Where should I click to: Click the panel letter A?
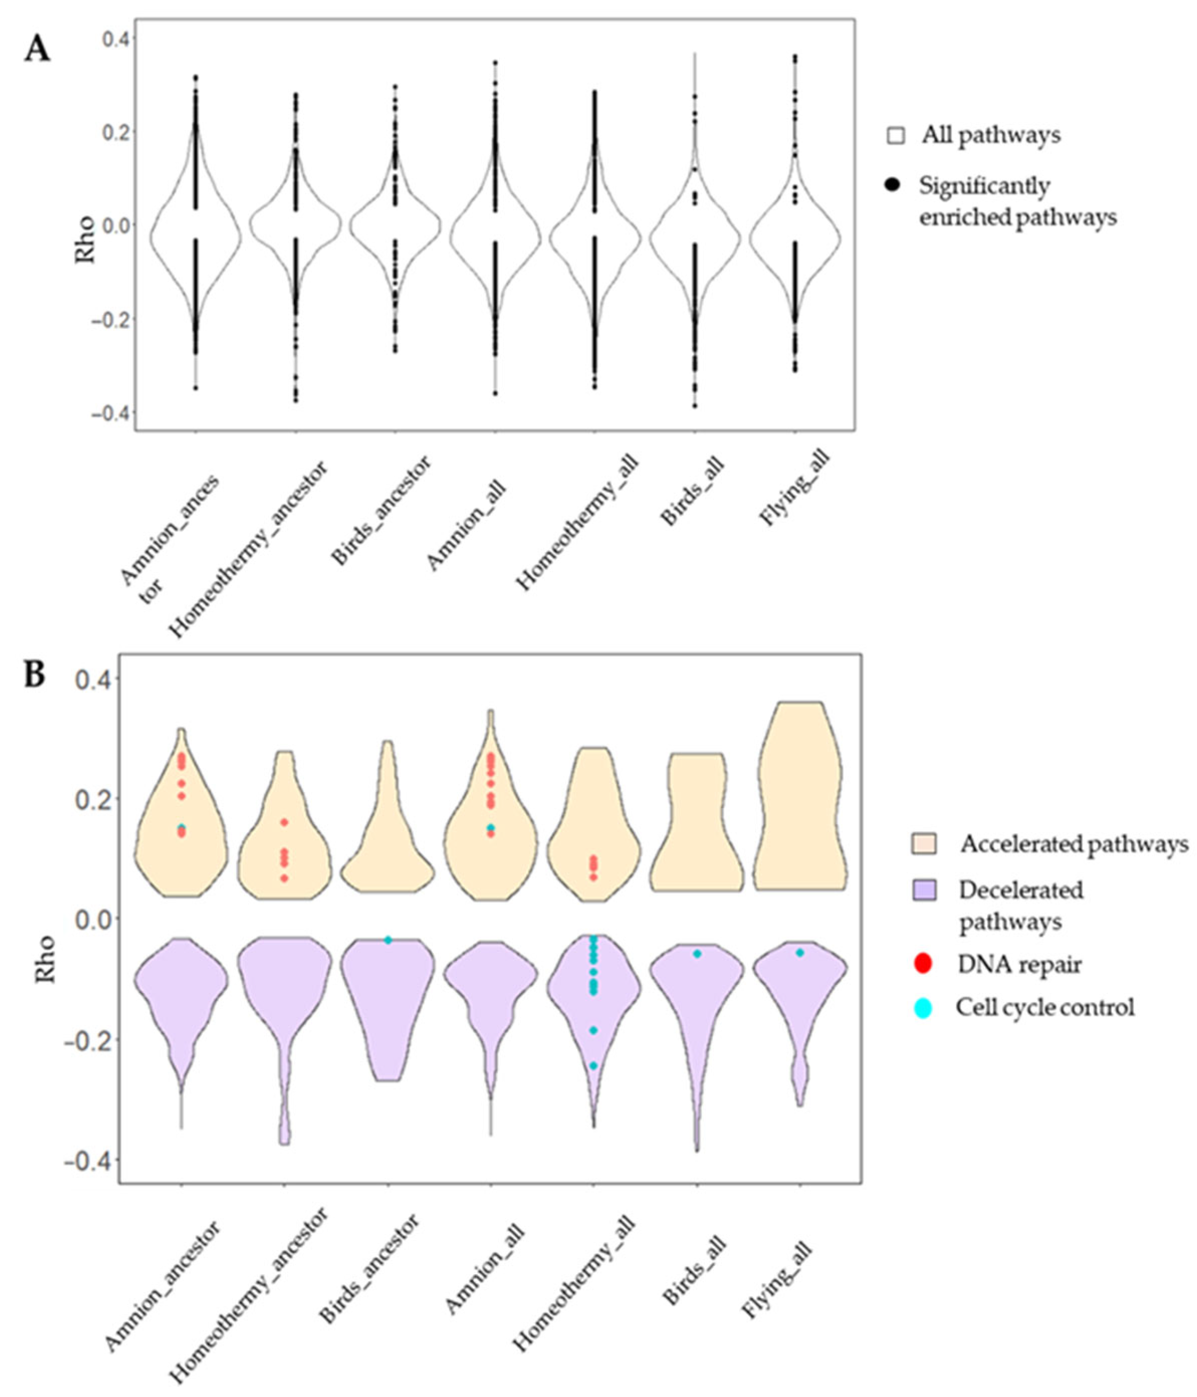[37, 50]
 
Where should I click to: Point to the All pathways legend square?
[895, 136]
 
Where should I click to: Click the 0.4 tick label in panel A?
[115, 38]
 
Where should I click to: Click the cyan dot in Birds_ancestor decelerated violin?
[388, 940]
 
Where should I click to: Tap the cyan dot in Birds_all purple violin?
[697, 953]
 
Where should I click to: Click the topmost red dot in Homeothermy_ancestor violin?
[284, 822]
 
